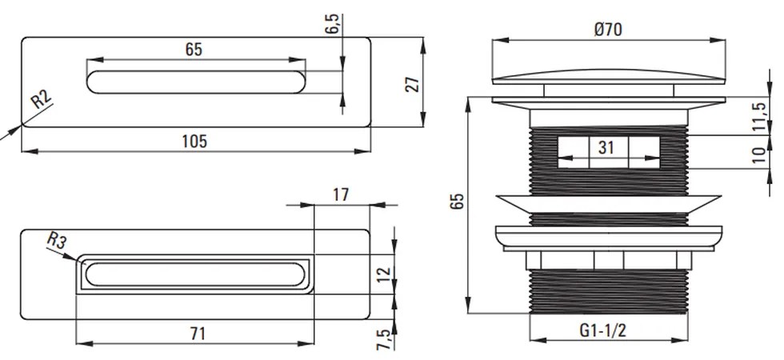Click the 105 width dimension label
point(194,141)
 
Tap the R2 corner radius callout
point(41,102)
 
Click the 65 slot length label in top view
point(194,49)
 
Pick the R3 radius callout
point(56,239)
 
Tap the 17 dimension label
point(340,194)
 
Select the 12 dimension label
point(384,273)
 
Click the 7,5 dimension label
point(384,338)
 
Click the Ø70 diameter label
point(609,30)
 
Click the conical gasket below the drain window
point(609,204)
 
